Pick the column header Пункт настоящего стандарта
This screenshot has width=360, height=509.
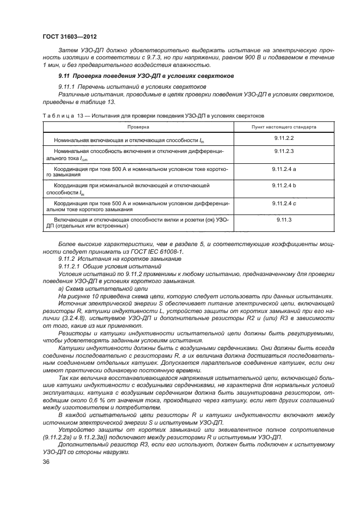(284, 127)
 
